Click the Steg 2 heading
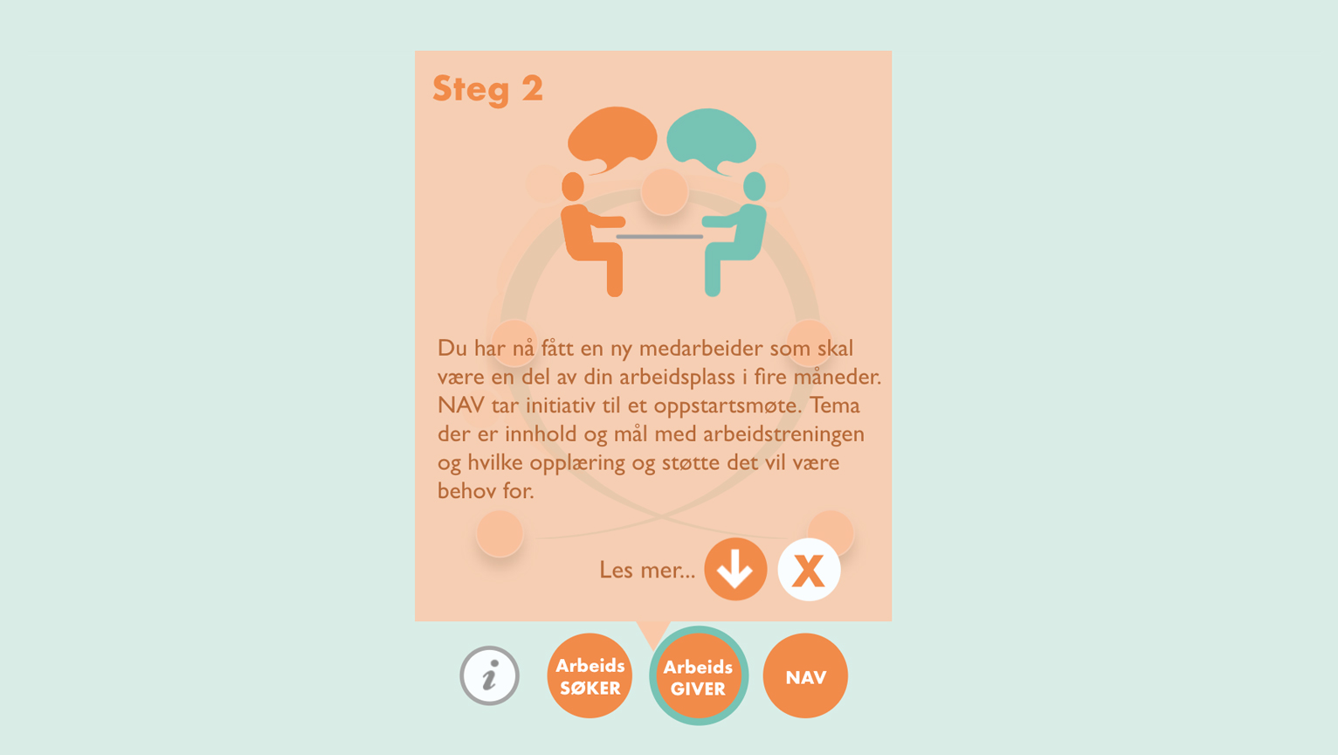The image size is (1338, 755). (x=487, y=90)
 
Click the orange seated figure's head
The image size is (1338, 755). (x=573, y=186)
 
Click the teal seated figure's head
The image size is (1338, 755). (x=755, y=186)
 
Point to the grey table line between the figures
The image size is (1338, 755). (x=659, y=237)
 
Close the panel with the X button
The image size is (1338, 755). (x=809, y=570)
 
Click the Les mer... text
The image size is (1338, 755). (x=647, y=571)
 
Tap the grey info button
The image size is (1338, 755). (x=489, y=675)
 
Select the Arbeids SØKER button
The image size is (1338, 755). (x=590, y=675)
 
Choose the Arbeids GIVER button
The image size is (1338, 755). (x=699, y=676)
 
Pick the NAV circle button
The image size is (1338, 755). (x=805, y=675)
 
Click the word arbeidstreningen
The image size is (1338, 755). (x=783, y=434)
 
